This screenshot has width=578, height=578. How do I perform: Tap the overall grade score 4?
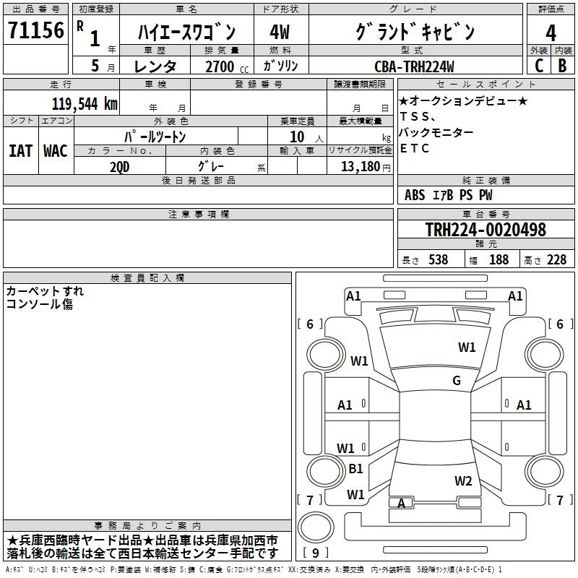tap(551, 33)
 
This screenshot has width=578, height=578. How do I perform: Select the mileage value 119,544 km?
tap(85, 103)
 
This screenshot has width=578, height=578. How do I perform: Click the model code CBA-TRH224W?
tap(414, 66)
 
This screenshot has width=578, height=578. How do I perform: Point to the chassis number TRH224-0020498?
tap(485, 230)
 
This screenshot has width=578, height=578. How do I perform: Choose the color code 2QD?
tap(121, 166)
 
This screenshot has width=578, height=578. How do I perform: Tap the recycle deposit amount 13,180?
tap(360, 166)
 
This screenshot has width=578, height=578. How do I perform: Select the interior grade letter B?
tap(562, 66)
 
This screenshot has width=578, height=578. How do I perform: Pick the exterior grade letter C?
tap(538, 66)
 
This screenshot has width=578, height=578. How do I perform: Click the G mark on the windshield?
tap(457, 381)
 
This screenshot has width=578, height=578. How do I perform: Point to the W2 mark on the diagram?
tap(463, 480)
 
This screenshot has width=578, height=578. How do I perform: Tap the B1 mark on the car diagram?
tap(355, 469)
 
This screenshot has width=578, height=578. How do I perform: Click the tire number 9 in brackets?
tap(316, 553)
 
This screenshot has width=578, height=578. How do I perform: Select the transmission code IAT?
tap(20, 150)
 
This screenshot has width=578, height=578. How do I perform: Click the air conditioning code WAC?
tap(55, 150)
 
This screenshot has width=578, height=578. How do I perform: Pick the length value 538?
tap(437, 259)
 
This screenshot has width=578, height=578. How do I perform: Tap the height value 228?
tap(556, 259)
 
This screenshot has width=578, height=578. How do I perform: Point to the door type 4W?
tap(279, 33)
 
